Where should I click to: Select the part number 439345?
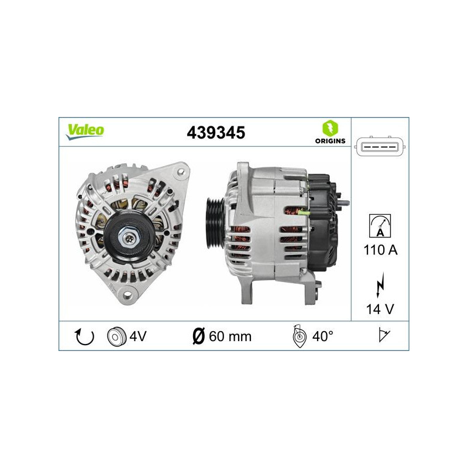pyautogui.click(x=215, y=133)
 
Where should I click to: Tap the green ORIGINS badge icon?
pyautogui.click(x=329, y=128)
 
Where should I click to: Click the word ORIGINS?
pyautogui.click(x=329, y=140)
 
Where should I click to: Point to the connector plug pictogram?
pyautogui.click(x=380, y=148)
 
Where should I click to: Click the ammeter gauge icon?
pyautogui.click(x=380, y=225)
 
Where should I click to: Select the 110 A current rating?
pyautogui.click(x=380, y=250)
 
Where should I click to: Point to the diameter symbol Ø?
pyautogui.click(x=198, y=336)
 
